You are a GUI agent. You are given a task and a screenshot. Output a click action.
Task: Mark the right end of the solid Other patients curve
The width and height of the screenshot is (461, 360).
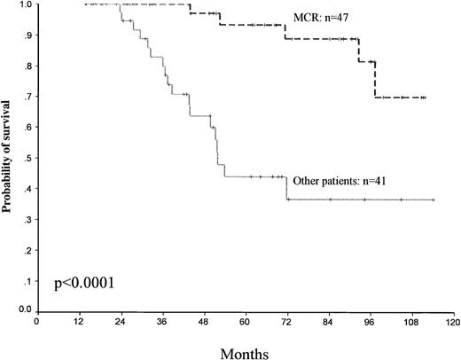434,200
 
